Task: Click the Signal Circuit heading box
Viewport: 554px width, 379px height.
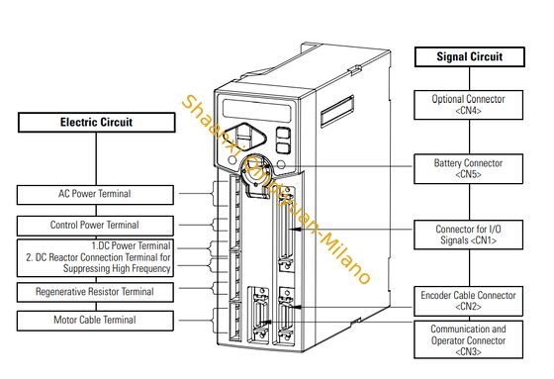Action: point(468,57)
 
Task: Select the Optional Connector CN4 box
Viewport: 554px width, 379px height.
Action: point(468,105)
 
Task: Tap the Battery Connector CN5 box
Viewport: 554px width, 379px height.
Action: point(468,168)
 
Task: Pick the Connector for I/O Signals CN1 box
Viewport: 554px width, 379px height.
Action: point(468,235)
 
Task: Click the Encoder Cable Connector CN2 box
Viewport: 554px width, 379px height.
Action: point(468,300)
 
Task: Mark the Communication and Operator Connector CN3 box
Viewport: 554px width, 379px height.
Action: point(468,338)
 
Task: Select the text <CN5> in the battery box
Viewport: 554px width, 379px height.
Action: point(468,175)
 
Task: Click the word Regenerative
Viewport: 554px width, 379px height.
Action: point(67,292)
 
